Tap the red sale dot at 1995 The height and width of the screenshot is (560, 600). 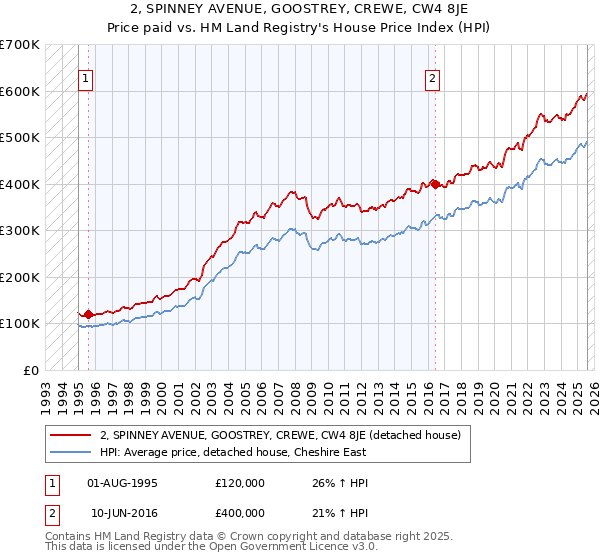pos(88,314)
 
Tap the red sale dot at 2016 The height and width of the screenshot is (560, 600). pos(435,184)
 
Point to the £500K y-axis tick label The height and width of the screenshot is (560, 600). pos(20,138)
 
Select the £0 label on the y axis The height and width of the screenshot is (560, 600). pos(30,370)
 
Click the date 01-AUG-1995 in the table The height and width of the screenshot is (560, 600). pos(122,482)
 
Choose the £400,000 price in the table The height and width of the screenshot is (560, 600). pos(239,514)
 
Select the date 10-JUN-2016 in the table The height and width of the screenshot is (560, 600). pos(122,514)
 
